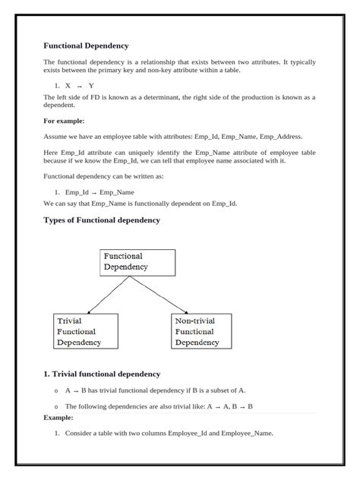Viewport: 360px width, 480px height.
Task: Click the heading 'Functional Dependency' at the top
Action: click(86, 46)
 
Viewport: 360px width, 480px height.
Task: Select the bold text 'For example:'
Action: click(64, 121)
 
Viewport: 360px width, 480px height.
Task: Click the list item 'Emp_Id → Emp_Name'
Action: click(99, 192)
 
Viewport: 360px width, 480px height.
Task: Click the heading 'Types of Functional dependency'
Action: click(102, 220)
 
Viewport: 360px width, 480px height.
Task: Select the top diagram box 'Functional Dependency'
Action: click(137, 262)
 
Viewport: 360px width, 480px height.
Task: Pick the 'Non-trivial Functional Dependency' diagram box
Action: click(202, 331)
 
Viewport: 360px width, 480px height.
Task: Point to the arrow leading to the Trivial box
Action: click(110, 295)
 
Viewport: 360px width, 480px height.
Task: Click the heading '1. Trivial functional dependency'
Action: click(102, 374)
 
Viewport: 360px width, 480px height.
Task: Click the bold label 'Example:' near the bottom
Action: click(58, 418)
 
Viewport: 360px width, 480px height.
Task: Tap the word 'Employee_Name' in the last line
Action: click(246, 434)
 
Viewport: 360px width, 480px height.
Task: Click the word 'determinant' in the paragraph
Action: click(163, 97)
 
